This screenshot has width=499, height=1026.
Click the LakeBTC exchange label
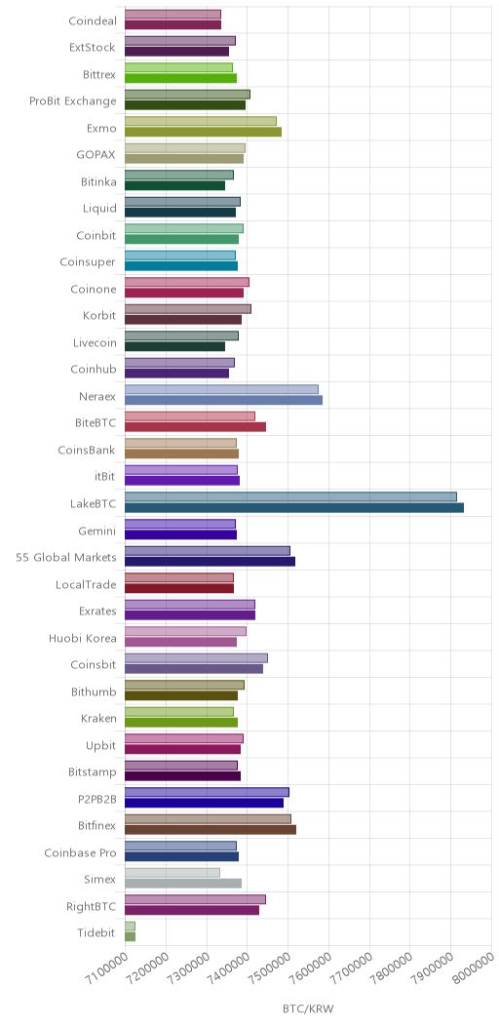coord(93,504)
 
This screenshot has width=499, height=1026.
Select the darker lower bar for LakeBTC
coord(294,508)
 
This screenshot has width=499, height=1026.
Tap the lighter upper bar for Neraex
coord(221,389)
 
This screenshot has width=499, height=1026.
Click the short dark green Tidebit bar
coord(131,937)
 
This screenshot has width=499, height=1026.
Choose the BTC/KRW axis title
coord(308,1008)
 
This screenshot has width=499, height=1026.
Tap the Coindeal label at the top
coord(93,20)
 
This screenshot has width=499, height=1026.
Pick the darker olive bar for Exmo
coord(204,133)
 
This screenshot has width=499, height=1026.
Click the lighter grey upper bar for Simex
coord(173,872)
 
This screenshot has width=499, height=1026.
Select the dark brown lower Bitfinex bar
coord(211,830)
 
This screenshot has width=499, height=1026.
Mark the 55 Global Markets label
coord(66,558)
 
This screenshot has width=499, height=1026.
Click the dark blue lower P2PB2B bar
coord(204,803)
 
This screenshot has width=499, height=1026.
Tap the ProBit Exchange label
coord(73,101)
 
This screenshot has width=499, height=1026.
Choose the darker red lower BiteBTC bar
coord(196,427)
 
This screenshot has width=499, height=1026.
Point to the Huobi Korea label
coord(83,638)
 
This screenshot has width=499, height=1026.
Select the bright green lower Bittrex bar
coord(181,79)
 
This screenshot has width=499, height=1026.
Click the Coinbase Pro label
coord(81,852)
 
